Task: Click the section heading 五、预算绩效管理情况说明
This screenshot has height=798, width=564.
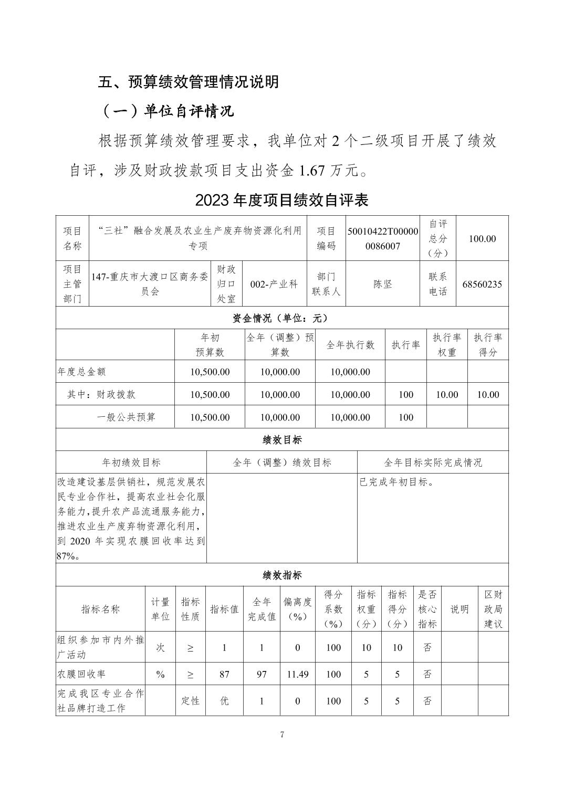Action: tap(188, 82)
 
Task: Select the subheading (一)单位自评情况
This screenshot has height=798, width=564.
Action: tap(167, 111)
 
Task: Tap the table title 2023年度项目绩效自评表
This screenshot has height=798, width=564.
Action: tap(281, 200)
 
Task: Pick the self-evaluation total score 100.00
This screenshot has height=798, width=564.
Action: tap(482, 238)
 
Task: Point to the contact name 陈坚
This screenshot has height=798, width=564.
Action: tap(383, 284)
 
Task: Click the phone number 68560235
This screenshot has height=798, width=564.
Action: tap(482, 284)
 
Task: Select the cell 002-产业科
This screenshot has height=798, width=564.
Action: tap(274, 284)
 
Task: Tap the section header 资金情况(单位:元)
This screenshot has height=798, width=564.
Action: tap(281, 318)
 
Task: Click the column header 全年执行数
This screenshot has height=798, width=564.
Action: tap(350, 345)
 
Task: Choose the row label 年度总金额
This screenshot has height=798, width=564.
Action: tap(81, 372)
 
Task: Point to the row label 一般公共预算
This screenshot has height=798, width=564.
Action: tap(126, 417)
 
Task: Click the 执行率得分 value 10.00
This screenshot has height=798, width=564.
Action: tap(488, 394)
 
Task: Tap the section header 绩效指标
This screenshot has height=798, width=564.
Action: tap(281, 575)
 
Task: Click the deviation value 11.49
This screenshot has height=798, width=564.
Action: tap(297, 674)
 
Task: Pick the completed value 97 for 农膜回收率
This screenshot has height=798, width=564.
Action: tap(262, 674)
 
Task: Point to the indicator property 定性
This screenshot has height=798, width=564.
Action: tap(190, 700)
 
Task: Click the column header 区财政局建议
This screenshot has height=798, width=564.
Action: tap(493, 609)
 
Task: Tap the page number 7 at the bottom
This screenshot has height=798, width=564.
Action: tap(282, 734)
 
